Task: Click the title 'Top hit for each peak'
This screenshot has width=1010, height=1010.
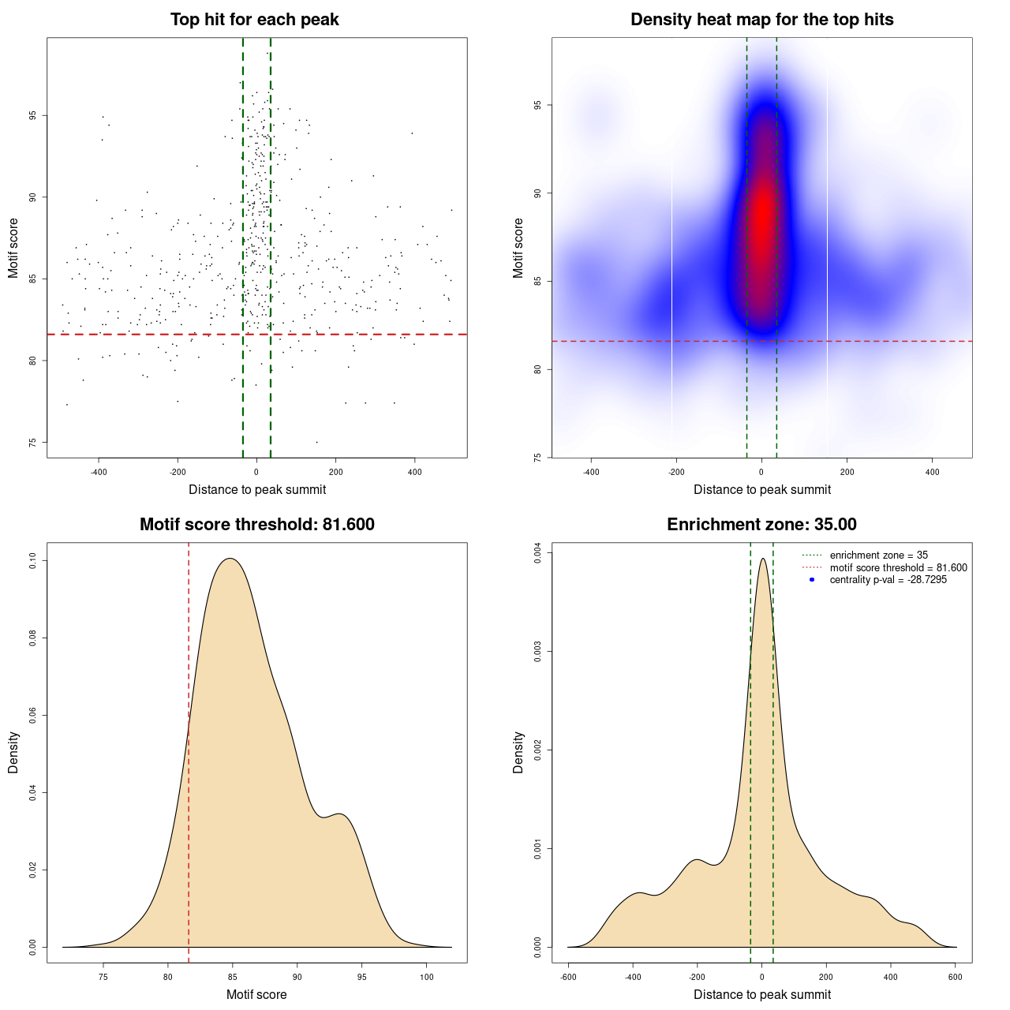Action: pos(254,20)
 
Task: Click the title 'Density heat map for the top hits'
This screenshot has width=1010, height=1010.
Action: pos(761,20)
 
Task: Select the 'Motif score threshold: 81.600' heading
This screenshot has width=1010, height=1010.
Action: pos(256,525)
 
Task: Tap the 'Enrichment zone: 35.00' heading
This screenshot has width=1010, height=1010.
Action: pos(761,525)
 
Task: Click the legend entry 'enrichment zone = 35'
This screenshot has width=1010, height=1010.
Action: pos(878,555)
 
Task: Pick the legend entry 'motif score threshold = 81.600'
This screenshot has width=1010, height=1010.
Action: pos(898,568)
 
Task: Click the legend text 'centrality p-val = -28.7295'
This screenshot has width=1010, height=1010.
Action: pos(888,580)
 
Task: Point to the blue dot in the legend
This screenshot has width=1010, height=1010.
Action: pos(812,580)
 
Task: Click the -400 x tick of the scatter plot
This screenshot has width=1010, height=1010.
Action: pos(99,473)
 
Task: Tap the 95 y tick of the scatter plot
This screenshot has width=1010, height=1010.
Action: pos(33,115)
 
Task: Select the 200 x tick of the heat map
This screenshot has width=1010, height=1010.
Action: pos(847,473)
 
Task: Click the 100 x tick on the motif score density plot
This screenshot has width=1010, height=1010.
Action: pos(426,978)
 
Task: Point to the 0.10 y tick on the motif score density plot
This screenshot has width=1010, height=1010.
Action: pos(33,561)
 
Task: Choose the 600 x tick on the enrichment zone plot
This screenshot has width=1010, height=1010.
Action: pos(956,978)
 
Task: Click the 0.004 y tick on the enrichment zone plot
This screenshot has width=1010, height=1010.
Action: pos(538,554)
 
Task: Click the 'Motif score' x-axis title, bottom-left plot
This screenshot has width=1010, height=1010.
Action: pos(256,994)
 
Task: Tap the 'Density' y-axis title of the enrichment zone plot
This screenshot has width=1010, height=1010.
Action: pos(518,752)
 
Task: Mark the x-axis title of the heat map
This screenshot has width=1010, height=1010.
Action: pos(761,490)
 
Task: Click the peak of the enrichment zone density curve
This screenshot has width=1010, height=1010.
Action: pos(762,559)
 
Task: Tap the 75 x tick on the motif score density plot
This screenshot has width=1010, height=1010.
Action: pos(103,978)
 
